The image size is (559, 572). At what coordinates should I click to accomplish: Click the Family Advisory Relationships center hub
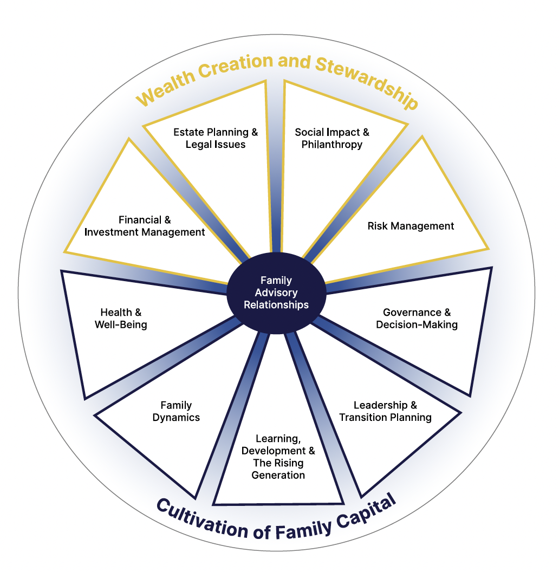click(x=276, y=293)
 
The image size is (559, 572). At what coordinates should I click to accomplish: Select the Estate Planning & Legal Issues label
click(x=216, y=138)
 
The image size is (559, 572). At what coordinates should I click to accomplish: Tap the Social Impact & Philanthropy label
click(x=332, y=138)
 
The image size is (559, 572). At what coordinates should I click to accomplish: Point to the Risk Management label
click(x=411, y=226)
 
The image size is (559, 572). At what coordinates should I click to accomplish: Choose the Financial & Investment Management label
click(x=145, y=226)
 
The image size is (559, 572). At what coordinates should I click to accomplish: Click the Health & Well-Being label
click(x=121, y=318)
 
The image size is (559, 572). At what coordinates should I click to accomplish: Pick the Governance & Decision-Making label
click(x=417, y=318)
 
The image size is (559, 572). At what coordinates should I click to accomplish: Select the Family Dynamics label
click(x=176, y=411)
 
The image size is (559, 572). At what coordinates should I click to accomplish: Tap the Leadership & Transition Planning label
click(x=385, y=411)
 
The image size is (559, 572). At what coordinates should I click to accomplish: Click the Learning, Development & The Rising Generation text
click(x=278, y=457)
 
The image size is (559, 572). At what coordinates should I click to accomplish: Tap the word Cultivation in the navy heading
click(x=202, y=519)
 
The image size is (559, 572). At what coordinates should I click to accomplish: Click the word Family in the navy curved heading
click(x=303, y=530)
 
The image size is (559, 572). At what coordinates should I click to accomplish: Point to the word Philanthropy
click(x=332, y=145)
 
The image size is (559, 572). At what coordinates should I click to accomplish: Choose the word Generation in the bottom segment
click(x=278, y=475)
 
